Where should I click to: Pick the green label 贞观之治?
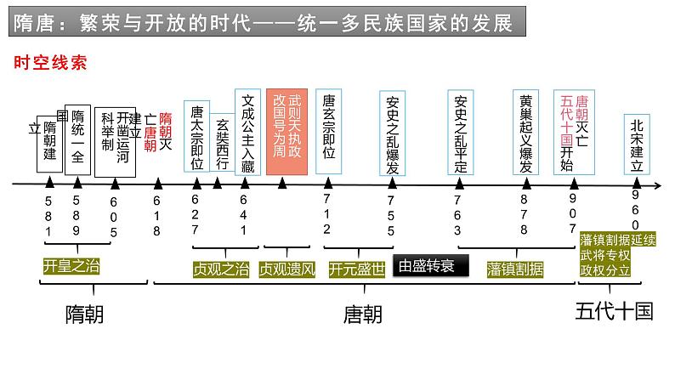221,269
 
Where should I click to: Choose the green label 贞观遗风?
287,269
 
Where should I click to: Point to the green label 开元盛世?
356,269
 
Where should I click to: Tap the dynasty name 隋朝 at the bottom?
84,314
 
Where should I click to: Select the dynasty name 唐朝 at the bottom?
363,314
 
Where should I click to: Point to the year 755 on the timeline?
391,215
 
